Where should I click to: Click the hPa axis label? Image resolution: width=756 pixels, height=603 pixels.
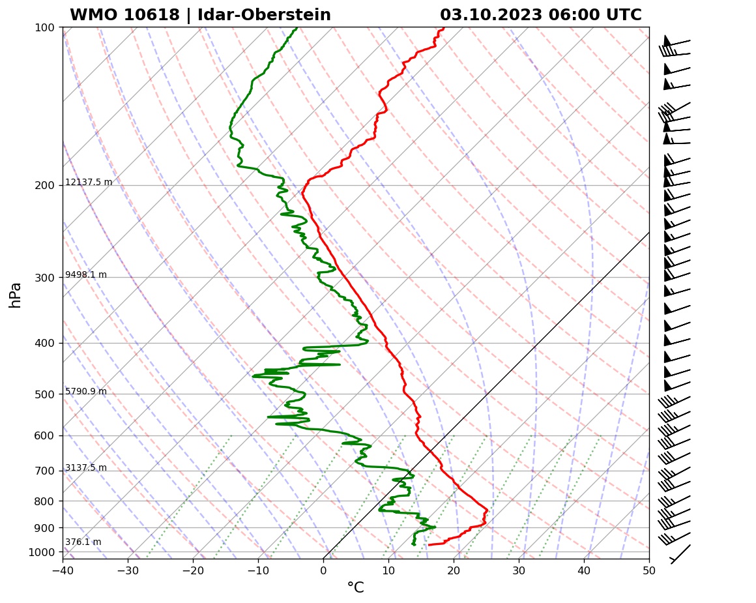coord(16,295)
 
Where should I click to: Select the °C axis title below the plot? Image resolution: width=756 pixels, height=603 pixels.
coord(355,588)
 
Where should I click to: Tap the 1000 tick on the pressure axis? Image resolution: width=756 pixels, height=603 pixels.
coord(41,552)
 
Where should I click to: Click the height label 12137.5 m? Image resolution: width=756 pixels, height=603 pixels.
coord(89,182)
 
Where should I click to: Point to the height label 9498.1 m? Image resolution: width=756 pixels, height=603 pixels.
coord(86,274)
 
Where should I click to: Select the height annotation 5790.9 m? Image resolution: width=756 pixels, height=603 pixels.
coord(86,391)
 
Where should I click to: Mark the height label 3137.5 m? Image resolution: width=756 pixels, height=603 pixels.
coord(86,467)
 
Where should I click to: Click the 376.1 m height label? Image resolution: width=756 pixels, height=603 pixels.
coord(83,542)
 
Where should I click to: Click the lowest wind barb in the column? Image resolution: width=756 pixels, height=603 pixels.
coord(680,555)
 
